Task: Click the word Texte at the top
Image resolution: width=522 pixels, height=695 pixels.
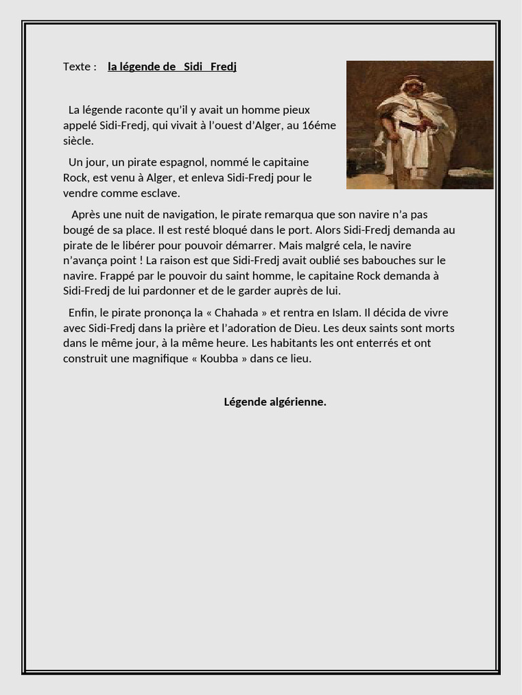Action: (x=77, y=67)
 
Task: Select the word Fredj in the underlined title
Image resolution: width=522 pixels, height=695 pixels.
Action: (x=223, y=67)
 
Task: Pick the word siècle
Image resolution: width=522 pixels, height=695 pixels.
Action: (x=77, y=141)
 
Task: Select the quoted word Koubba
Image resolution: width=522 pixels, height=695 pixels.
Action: (x=219, y=359)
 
